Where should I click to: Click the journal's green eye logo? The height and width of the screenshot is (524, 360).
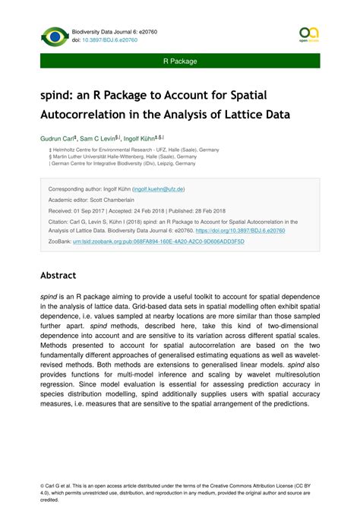[x=55, y=36]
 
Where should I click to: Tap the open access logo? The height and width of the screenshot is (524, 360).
[x=308, y=35]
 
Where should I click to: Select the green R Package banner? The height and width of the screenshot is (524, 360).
[x=180, y=61]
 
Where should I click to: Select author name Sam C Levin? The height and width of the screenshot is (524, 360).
[x=97, y=140]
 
